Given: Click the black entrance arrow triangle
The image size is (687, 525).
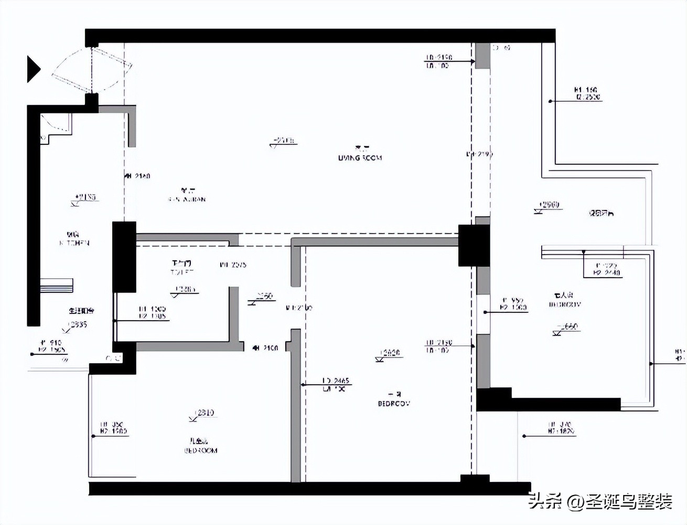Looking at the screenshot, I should pyautogui.click(x=33, y=69).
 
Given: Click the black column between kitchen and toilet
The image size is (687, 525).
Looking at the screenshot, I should pyautogui.click(x=124, y=257).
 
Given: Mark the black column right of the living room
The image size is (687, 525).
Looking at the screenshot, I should pyautogui.click(x=474, y=245).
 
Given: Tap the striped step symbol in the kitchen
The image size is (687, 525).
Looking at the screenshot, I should pyautogui.click(x=56, y=286).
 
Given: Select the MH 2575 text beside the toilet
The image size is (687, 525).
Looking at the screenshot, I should pyautogui.click(x=233, y=265).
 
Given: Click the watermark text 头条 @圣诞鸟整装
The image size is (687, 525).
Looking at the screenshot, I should pyautogui.click(x=600, y=501).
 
